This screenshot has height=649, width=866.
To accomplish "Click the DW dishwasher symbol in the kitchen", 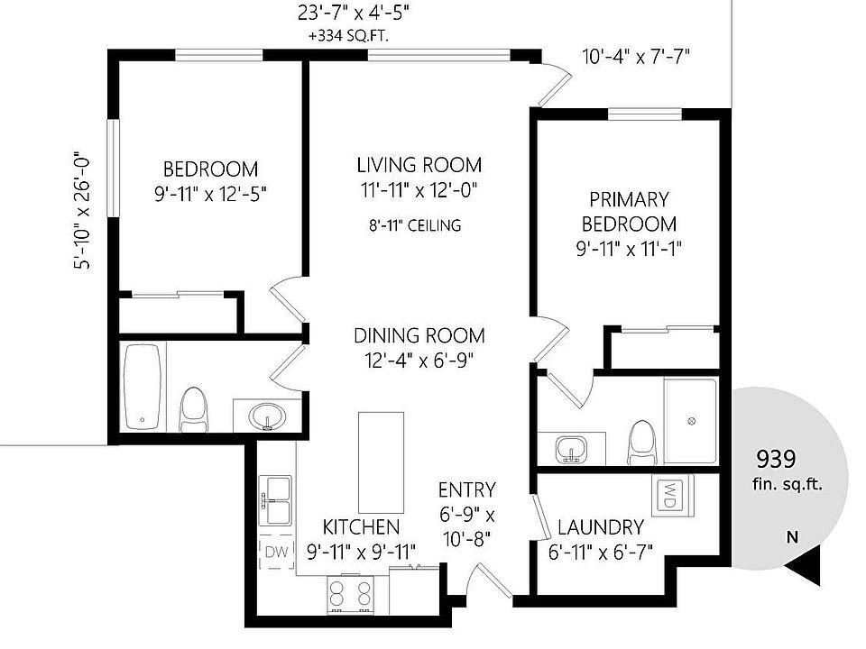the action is coord(277,552).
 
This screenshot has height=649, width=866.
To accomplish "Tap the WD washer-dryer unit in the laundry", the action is coord(671,496).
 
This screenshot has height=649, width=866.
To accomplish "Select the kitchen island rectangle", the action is coord(381,462).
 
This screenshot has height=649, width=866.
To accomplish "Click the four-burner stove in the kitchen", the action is coord(350,594).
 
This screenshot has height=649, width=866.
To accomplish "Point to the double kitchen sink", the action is coord(276,500).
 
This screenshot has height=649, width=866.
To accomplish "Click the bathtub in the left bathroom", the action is coord(143,387).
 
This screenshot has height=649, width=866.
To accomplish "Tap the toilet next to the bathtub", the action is coord(195,410).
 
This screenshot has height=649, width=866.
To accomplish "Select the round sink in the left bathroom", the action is coord(267,416).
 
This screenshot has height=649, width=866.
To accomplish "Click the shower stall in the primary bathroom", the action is coord(690,421).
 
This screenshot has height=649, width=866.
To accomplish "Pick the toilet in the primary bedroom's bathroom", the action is coord(641,443).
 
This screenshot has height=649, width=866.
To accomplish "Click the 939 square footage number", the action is coord(776,459).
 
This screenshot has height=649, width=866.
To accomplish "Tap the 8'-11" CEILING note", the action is coord(415,225).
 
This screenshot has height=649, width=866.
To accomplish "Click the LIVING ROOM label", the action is coord(419,165).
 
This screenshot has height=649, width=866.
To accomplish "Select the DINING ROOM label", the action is coord(419,335).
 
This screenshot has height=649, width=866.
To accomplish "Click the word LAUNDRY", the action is coord(601,527).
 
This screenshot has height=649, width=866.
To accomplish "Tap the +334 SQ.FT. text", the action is coord(348,36).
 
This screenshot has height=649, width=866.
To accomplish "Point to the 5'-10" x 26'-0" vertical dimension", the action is coord(81,210).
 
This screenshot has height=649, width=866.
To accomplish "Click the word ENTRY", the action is coord(467,490).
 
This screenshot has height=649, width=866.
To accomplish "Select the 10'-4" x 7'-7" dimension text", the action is coord(637,57).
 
